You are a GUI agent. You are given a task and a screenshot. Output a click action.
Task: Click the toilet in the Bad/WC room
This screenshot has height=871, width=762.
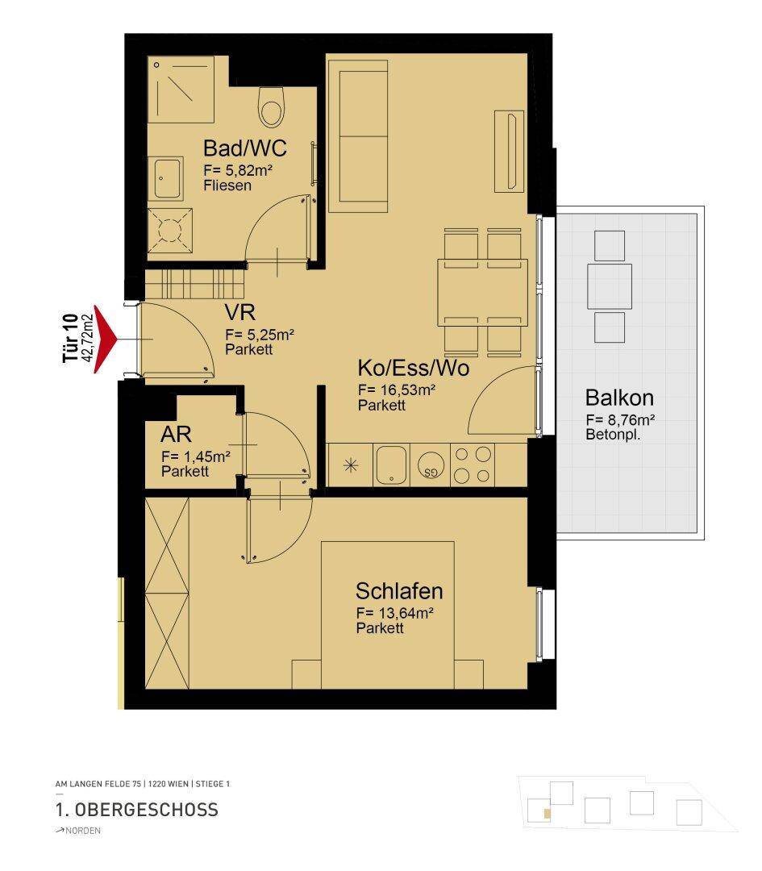(272, 107)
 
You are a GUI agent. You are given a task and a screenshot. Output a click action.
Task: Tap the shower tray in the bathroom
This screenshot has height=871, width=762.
(181, 90)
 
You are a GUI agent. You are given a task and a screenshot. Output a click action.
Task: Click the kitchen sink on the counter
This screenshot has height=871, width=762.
(392, 465)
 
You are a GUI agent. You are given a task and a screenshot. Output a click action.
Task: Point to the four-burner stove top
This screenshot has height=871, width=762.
(472, 465)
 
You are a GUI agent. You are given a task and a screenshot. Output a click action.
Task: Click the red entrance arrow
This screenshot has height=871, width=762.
(104, 339)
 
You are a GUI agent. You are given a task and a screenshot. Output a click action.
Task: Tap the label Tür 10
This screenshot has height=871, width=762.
(69, 338)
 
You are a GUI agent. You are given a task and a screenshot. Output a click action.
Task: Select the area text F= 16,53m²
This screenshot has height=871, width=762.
(396, 390)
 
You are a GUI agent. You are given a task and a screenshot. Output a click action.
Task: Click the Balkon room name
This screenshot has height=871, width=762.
(619, 398)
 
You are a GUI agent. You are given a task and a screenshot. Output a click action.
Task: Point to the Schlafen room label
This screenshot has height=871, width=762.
(399, 591)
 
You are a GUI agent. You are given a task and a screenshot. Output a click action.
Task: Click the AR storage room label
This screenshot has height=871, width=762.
(176, 434)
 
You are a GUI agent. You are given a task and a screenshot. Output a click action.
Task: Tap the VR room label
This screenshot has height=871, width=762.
(239, 313)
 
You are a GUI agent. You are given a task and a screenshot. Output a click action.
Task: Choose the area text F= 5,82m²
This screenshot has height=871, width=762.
(237, 170)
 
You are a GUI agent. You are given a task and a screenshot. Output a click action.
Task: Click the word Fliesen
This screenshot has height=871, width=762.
(227, 185)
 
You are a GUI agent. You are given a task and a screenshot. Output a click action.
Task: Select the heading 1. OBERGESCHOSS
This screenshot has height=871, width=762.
(136, 810)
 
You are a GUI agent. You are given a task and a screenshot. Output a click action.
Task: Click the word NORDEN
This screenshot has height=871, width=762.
(83, 831)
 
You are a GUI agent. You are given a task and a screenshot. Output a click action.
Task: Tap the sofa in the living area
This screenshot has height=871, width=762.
(358, 136)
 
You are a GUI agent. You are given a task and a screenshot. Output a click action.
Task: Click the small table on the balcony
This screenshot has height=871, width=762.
(610, 286)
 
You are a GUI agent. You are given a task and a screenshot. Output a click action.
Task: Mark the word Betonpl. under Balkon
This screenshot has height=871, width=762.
(613, 435)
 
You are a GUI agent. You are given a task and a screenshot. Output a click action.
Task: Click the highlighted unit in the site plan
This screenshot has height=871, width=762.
(547, 814)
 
